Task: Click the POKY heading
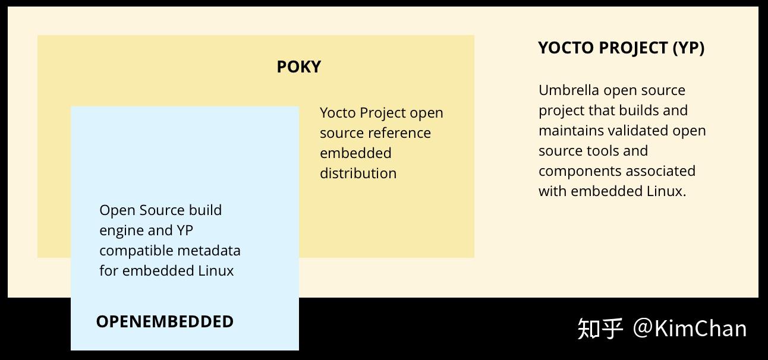pyautogui.click(x=298, y=67)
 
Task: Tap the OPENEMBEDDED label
pyautogui.click(x=165, y=321)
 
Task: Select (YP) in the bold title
pyautogui.click(x=688, y=48)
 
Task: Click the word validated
pyautogui.click(x=638, y=131)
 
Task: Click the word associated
pyautogui.click(x=660, y=171)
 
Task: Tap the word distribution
pyautogui.click(x=358, y=173)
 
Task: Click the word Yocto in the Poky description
pyautogui.click(x=338, y=113)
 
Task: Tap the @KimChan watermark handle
pyautogui.click(x=690, y=329)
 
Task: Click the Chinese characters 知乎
pyautogui.click(x=600, y=329)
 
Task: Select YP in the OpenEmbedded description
pyautogui.click(x=185, y=230)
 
